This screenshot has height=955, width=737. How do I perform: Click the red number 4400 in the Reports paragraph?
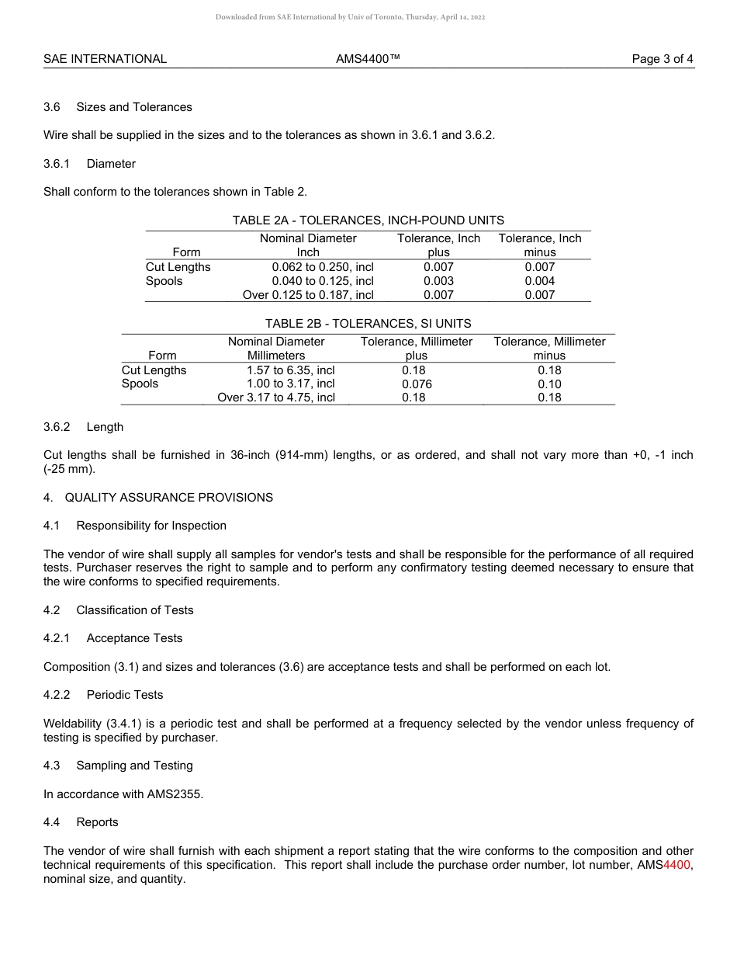point(676,865)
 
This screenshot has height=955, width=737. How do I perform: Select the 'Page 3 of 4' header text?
point(663,59)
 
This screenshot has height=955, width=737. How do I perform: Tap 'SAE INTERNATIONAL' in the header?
point(105,59)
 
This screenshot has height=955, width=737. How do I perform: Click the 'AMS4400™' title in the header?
point(368,59)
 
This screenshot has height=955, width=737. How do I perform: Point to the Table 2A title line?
point(368,221)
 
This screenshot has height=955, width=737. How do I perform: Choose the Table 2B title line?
point(368,324)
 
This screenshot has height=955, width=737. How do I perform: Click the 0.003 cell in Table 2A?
point(438,281)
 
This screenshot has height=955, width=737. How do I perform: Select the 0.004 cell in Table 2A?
point(539,281)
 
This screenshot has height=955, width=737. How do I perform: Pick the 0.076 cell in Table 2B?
point(417,384)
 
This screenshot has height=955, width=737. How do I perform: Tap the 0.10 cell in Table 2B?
point(549,384)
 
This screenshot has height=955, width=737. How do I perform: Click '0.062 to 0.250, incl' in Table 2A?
point(323,267)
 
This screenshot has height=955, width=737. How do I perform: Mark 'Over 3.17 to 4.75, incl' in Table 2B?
point(276,398)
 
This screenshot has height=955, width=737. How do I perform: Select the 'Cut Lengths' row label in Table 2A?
point(178,267)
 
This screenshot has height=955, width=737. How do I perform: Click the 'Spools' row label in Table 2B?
point(140,384)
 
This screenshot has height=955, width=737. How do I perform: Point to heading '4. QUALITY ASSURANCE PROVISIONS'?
point(158,497)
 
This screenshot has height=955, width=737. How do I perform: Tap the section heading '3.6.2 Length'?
point(83,427)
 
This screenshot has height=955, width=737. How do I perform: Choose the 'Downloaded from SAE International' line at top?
point(350,17)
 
